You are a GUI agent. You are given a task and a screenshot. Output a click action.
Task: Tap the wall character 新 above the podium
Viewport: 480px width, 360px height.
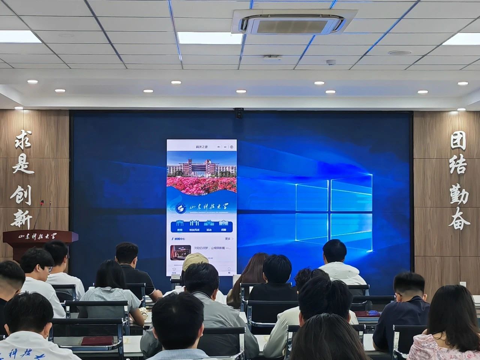[x=22, y=218]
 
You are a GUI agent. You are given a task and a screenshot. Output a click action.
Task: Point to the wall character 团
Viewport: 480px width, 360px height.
[x=458, y=141]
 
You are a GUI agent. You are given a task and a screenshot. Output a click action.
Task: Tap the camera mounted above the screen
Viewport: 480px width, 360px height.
[x=239, y=112]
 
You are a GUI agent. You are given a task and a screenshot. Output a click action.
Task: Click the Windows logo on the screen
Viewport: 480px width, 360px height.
[x=333, y=212]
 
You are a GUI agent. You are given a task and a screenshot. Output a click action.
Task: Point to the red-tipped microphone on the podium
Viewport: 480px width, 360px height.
[x=42, y=203]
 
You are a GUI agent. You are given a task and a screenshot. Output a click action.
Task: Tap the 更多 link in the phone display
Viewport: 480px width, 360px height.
[x=228, y=238]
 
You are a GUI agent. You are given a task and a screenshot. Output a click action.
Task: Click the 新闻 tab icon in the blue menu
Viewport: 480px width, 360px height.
[x=180, y=224]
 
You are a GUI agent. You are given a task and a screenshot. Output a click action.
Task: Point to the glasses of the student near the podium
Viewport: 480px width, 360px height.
[x=49, y=268]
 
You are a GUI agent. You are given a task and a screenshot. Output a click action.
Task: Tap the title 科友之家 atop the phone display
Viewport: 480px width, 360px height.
[x=202, y=146]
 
